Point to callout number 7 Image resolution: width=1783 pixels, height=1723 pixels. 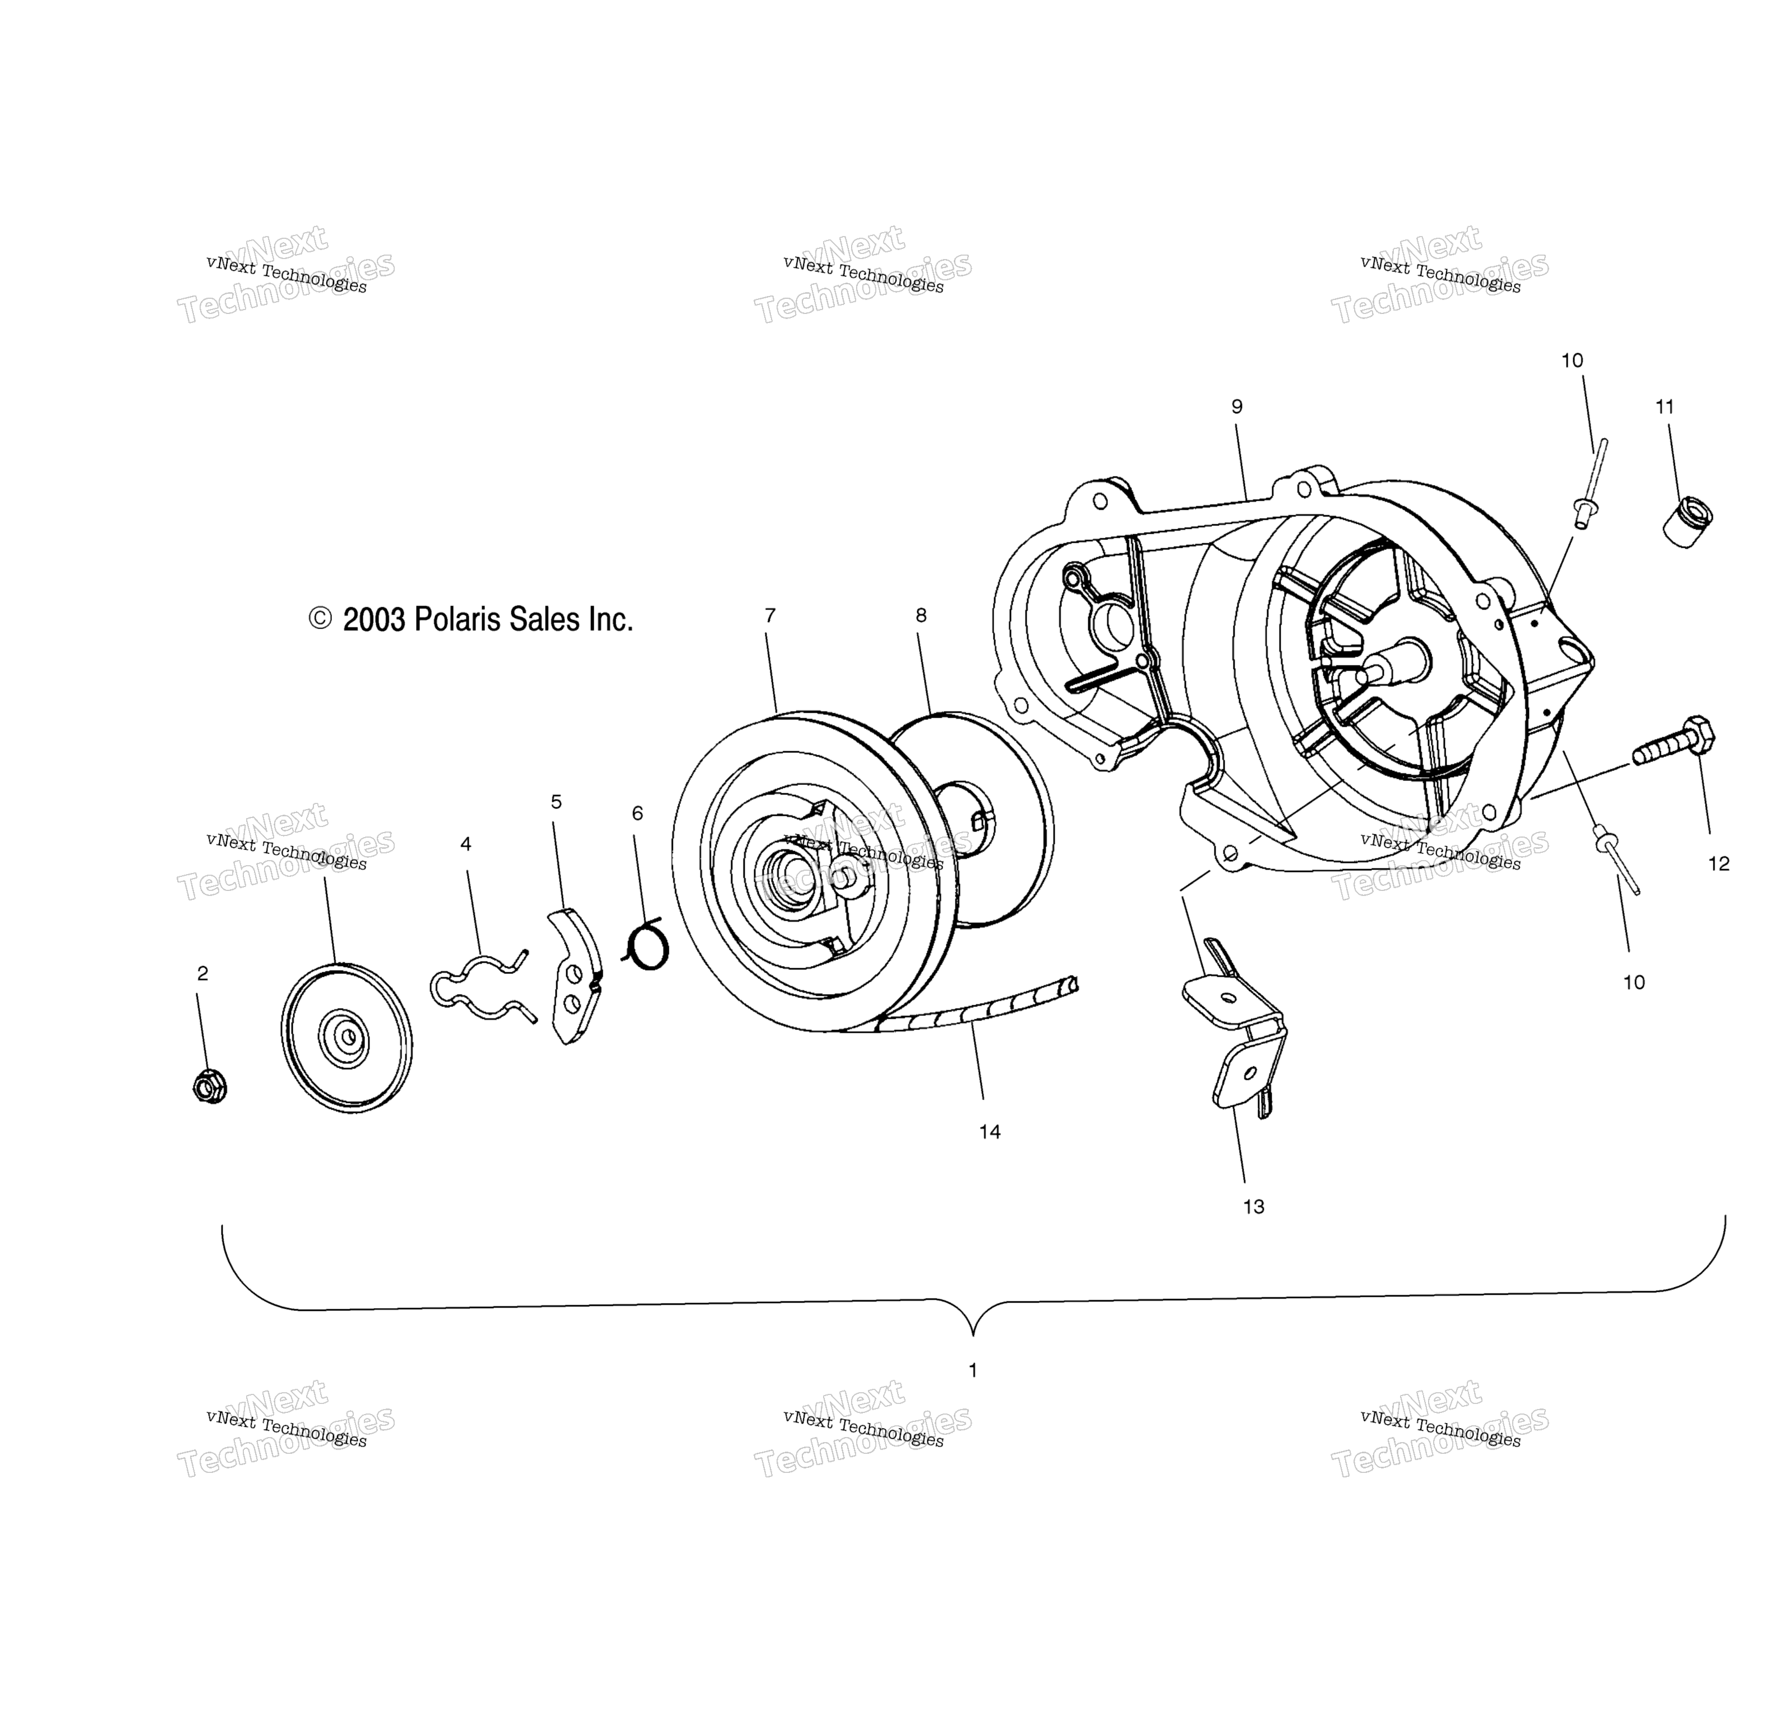(x=770, y=616)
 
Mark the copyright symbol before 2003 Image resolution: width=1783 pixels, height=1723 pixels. (x=320, y=620)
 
